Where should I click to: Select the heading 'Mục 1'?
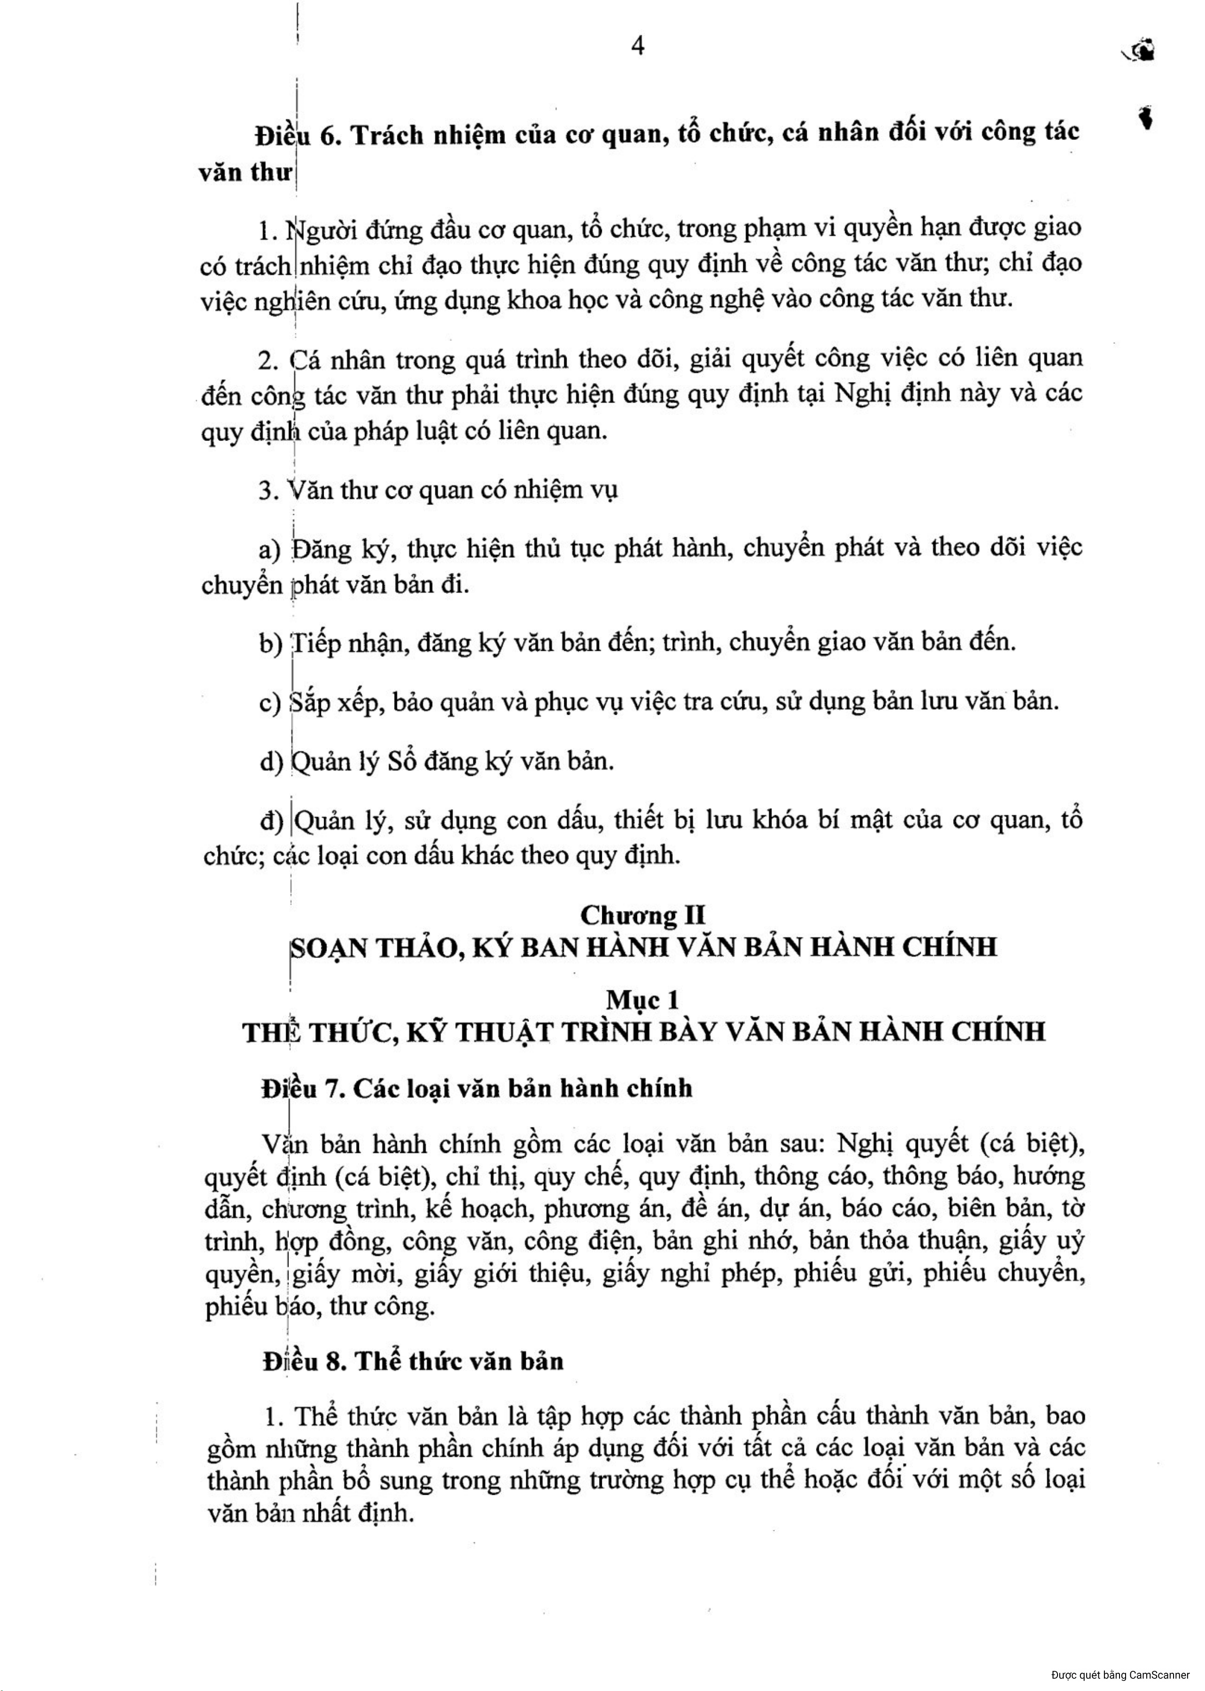point(643,1001)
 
